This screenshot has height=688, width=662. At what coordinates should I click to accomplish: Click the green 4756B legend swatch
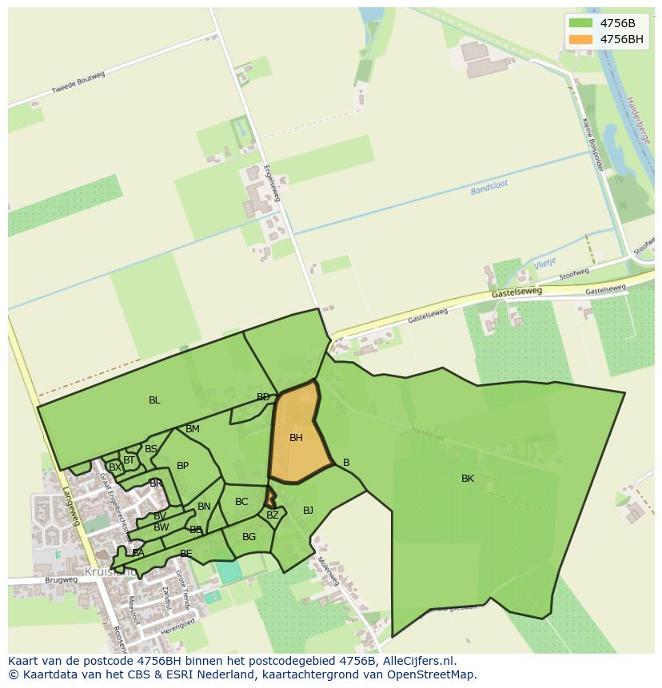coord(581,22)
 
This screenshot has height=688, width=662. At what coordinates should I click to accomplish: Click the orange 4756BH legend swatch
coord(581,39)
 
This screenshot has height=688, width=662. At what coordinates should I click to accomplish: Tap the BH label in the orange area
coord(296,438)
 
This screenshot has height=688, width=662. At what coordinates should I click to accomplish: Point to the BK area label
coord(468,479)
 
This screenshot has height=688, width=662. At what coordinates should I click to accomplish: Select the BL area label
coord(154,400)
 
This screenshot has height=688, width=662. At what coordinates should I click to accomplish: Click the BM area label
coord(193,429)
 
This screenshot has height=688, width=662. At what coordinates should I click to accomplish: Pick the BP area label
coord(182,466)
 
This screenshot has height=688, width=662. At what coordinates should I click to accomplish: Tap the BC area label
coord(241,502)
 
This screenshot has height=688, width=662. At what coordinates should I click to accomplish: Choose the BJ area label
coord(308,511)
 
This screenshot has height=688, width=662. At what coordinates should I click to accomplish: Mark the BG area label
coord(249,537)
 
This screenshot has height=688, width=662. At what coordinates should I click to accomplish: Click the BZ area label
coord(273,515)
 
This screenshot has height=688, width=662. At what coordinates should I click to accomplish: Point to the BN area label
coord(204,507)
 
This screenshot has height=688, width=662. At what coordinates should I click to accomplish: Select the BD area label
coord(263,397)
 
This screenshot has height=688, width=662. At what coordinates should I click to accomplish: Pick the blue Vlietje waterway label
coord(544,263)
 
